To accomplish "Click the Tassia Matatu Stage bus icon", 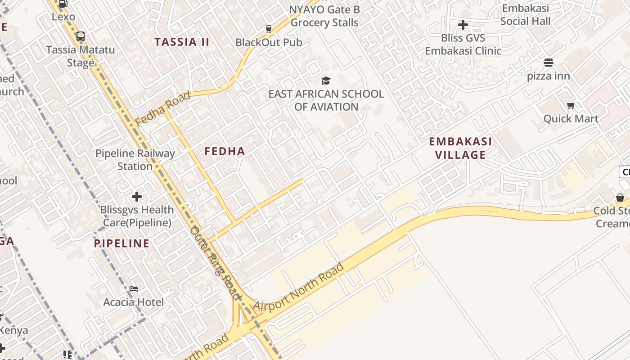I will click(81, 36).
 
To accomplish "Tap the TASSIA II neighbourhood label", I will click(182, 42).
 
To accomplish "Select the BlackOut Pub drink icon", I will click(269, 29).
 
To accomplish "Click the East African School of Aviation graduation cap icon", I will click(326, 81).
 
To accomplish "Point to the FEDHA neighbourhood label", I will click(225, 151).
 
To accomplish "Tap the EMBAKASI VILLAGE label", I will click(460, 148).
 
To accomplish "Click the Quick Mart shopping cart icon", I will click(571, 106).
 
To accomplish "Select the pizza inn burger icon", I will click(548, 63).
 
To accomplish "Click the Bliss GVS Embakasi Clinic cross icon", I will click(463, 25).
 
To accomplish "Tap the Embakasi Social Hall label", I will click(525, 15).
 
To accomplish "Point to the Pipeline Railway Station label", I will click(135, 160).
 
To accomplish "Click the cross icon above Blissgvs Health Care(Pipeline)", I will click(137, 197).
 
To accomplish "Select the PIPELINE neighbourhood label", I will click(121, 244).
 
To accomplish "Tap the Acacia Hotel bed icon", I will click(133, 289).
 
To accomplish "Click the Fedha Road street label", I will click(162, 108).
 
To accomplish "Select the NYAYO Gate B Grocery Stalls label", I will click(324, 16).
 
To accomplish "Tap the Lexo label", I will click(63, 17).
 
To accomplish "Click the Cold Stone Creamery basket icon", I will click(620, 198).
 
